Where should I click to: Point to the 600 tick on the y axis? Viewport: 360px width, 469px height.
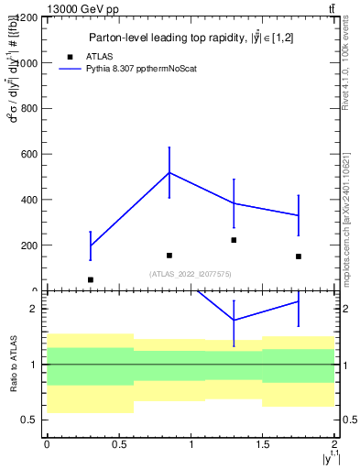coord(27,154)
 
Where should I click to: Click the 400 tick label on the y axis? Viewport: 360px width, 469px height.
coord(27,200)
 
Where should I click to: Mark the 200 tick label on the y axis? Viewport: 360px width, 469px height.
coord(27,245)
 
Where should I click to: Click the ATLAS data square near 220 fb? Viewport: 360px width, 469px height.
coord(234,240)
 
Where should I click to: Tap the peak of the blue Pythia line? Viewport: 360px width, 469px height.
coord(169,172)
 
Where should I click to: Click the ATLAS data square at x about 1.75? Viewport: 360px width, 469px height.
coord(299,256)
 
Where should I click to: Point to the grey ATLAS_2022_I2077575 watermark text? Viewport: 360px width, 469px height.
coord(191,273)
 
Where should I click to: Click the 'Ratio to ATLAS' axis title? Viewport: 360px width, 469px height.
coord(14,364)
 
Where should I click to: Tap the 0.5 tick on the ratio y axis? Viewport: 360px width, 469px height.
coord(30,420)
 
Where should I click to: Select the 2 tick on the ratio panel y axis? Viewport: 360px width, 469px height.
coord(34,309)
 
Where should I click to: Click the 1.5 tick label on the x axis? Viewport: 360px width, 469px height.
coord(263,444)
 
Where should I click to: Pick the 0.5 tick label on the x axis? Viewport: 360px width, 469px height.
coord(118,444)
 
